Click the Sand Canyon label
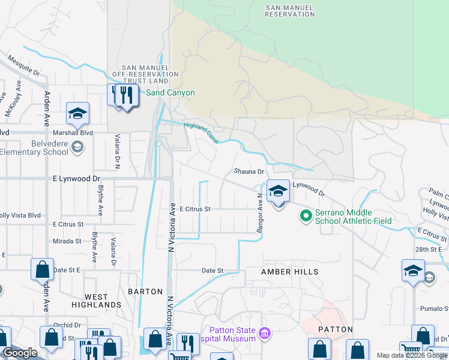tap(171, 93)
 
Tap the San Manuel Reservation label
tap(290, 10)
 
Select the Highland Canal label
tap(193, 129)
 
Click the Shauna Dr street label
tap(249, 172)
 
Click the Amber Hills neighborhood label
tap(289, 272)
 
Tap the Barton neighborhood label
tap(145, 292)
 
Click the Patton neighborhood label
tap(331, 329)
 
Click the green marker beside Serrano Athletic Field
tap(306, 214)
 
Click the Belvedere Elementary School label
tap(34, 148)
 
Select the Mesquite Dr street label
tap(23, 66)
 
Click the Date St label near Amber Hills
tap(212, 271)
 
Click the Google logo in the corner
tap(20, 353)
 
